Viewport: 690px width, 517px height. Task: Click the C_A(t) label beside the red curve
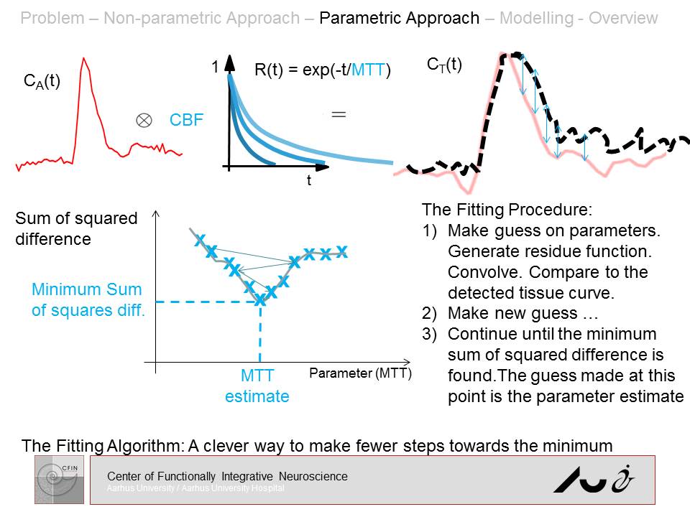[42, 81]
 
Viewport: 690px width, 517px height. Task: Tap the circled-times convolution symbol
[143, 121]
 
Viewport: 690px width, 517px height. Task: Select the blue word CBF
[186, 121]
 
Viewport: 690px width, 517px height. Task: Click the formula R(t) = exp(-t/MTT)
[322, 70]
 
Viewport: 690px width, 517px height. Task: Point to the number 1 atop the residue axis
[214, 67]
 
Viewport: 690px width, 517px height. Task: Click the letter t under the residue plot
[309, 181]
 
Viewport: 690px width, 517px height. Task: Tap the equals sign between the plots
[339, 113]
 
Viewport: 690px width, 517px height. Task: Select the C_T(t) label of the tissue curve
[444, 65]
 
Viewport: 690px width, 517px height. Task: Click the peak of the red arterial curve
[84, 59]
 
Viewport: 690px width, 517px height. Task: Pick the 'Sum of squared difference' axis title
[75, 228]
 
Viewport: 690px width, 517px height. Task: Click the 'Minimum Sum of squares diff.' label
[87, 299]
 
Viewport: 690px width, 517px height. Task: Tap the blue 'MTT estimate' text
[257, 386]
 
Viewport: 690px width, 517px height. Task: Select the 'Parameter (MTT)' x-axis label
[360, 373]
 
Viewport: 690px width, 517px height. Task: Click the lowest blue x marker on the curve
[260, 301]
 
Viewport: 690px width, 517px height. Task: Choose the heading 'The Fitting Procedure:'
[507, 210]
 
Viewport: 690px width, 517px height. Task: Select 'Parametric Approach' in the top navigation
[399, 18]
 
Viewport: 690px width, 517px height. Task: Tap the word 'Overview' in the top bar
[623, 18]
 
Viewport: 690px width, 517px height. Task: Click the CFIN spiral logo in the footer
[60, 479]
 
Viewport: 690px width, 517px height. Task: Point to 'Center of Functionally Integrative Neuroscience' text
[227, 476]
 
